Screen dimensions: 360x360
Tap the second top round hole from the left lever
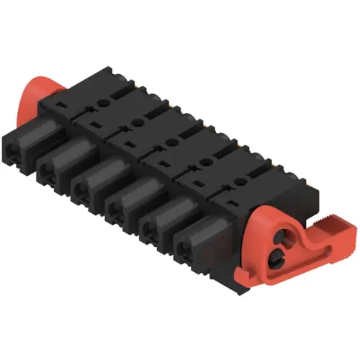(x=141, y=120)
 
